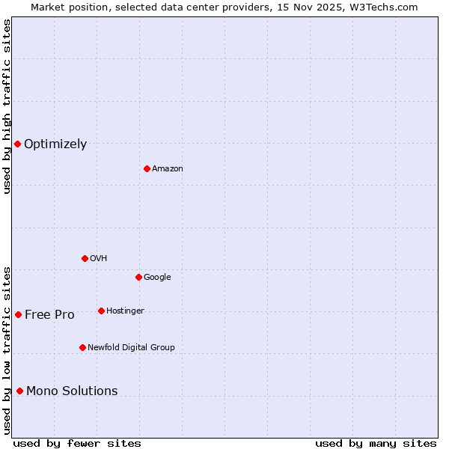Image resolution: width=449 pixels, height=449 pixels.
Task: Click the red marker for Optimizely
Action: click(17, 144)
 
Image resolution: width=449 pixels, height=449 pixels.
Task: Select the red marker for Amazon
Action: click(147, 168)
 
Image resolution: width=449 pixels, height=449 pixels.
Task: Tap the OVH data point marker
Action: click(85, 258)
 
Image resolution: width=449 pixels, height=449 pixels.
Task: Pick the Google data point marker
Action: click(138, 277)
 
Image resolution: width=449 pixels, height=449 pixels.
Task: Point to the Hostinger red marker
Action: click(101, 311)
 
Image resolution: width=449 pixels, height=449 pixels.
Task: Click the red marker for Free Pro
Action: click(18, 314)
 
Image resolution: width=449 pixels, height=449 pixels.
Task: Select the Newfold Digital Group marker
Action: click(82, 347)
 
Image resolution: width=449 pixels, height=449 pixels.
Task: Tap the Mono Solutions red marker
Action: click(19, 391)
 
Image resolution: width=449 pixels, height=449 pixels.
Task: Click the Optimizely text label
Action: click(55, 144)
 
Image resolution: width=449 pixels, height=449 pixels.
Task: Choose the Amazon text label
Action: click(168, 169)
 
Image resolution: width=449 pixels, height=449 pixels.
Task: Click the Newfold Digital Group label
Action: click(131, 347)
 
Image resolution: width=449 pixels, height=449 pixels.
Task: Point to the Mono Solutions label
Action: click(72, 391)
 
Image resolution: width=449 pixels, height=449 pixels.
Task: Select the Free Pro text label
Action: click(49, 315)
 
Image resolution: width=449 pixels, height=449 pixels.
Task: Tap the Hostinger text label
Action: click(125, 311)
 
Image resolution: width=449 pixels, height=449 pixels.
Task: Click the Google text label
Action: click(157, 277)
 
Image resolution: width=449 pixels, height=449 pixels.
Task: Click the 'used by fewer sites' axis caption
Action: click(77, 443)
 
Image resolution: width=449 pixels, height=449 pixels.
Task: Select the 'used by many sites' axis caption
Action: click(376, 443)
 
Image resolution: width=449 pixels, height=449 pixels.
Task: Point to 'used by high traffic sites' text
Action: click(7, 106)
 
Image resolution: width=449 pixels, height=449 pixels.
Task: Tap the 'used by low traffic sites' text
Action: click(7, 349)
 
